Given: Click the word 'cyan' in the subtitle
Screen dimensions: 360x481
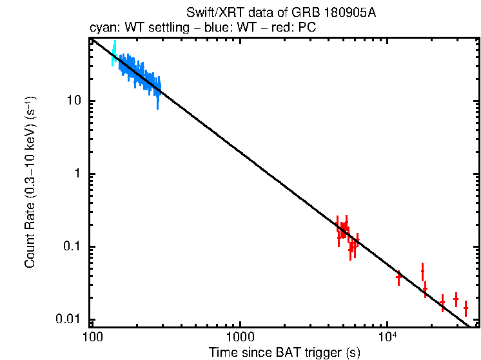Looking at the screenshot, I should (100, 28).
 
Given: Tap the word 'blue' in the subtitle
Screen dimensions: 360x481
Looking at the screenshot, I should (208, 28).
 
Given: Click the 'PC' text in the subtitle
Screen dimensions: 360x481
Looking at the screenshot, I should (306, 28).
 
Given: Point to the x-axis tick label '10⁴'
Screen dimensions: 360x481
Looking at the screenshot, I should (386, 337).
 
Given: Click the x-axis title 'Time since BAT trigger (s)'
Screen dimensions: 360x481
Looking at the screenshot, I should (284, 352).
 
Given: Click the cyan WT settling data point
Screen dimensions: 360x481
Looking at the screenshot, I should (114, 54).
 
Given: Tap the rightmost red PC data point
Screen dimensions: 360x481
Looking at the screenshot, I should (466, 310).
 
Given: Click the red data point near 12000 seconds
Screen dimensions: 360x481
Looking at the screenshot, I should (398, 277).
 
